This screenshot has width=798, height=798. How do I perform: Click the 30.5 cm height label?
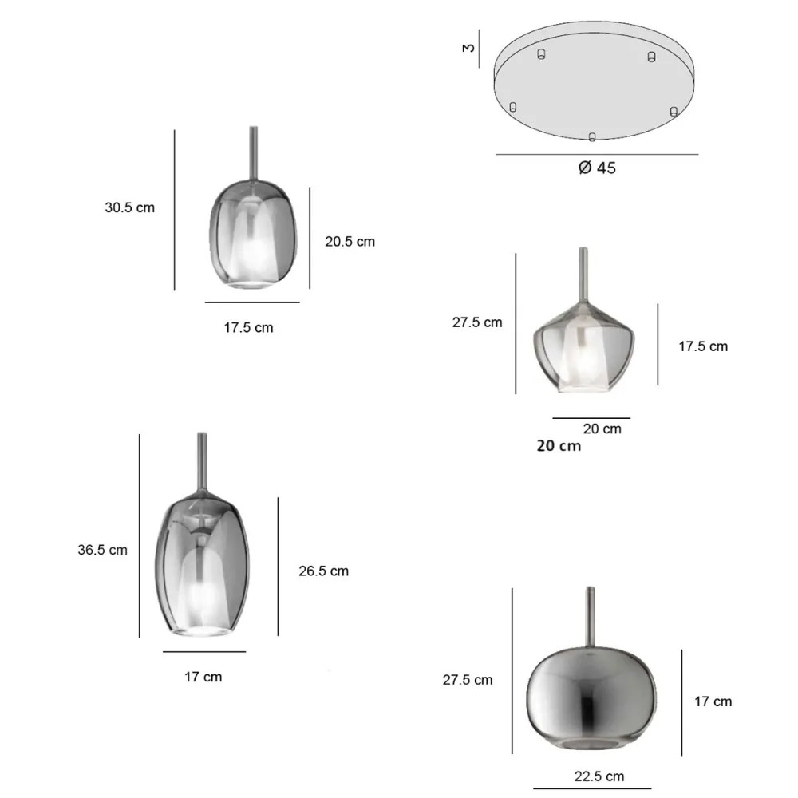click(130, 207)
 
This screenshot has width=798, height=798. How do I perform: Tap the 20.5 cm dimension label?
click(350, 242)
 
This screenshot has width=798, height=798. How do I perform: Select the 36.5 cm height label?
click(102, 550)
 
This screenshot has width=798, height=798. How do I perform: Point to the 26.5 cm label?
click(324, 571)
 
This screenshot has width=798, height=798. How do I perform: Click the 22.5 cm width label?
click(599, 776)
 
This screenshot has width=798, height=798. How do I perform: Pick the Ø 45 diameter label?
click(597, 168)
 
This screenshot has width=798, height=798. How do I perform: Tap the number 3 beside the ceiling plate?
click(468, 48)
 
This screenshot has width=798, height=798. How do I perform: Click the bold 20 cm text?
click(559, 446)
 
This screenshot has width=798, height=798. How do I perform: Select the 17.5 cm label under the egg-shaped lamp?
click(248, 328)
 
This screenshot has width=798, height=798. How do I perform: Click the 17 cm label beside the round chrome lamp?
click(713, 701)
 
